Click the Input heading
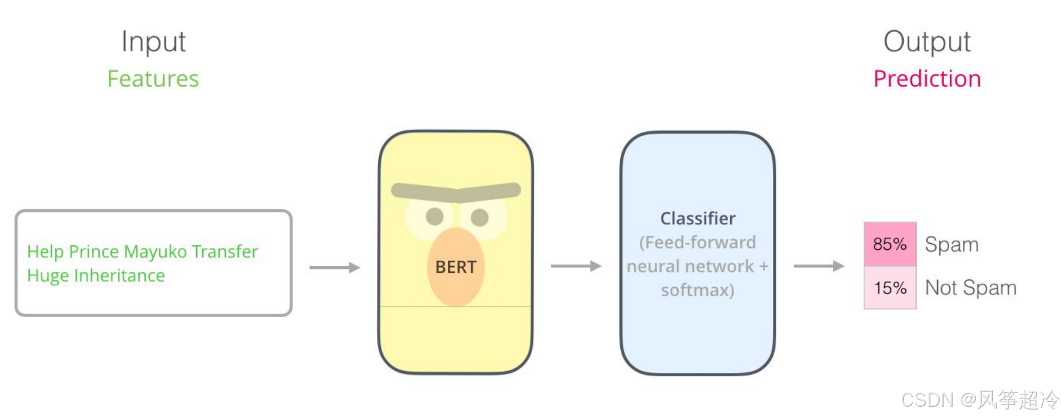point(153,42)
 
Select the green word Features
point(153,78)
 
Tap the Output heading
point(926,42)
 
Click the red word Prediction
point(927,78)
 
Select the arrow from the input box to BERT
point(334,267)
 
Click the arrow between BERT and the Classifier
point(576,266)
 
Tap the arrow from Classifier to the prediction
point(819,266)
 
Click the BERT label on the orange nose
point(456,267)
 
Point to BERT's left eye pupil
point(434,216)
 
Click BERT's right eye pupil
point(479,217)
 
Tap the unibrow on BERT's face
point(456,192)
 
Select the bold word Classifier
point(697,218)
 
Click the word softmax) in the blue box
point(697,290)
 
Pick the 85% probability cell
point(890,244)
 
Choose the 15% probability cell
point(890,288)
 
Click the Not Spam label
point(970,288)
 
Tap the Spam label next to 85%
point(951,244)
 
